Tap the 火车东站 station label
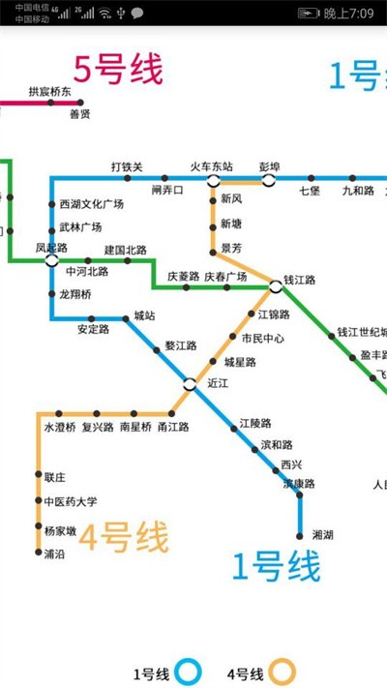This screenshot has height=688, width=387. [211, 166]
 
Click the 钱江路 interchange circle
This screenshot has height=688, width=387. [276, 286]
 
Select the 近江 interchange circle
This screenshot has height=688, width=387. [190, 383]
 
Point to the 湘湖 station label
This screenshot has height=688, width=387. [323, 534]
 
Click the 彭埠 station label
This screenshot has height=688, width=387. [269, 166]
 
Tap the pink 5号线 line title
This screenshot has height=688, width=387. [118, 70]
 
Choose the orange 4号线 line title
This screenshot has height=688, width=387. [123, 537]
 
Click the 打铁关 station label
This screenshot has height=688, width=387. [127, 166]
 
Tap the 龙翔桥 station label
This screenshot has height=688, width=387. [75, 294]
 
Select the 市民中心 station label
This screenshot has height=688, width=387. [263, 339]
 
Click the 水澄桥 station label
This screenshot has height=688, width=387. [59, 427]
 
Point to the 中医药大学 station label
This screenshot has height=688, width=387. [71, 502]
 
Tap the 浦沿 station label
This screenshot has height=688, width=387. [54, 553]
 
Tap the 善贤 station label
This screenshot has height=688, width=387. [79, 114]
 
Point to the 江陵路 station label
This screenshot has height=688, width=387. [255, 424]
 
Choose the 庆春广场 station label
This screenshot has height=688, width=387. [225, 277]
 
